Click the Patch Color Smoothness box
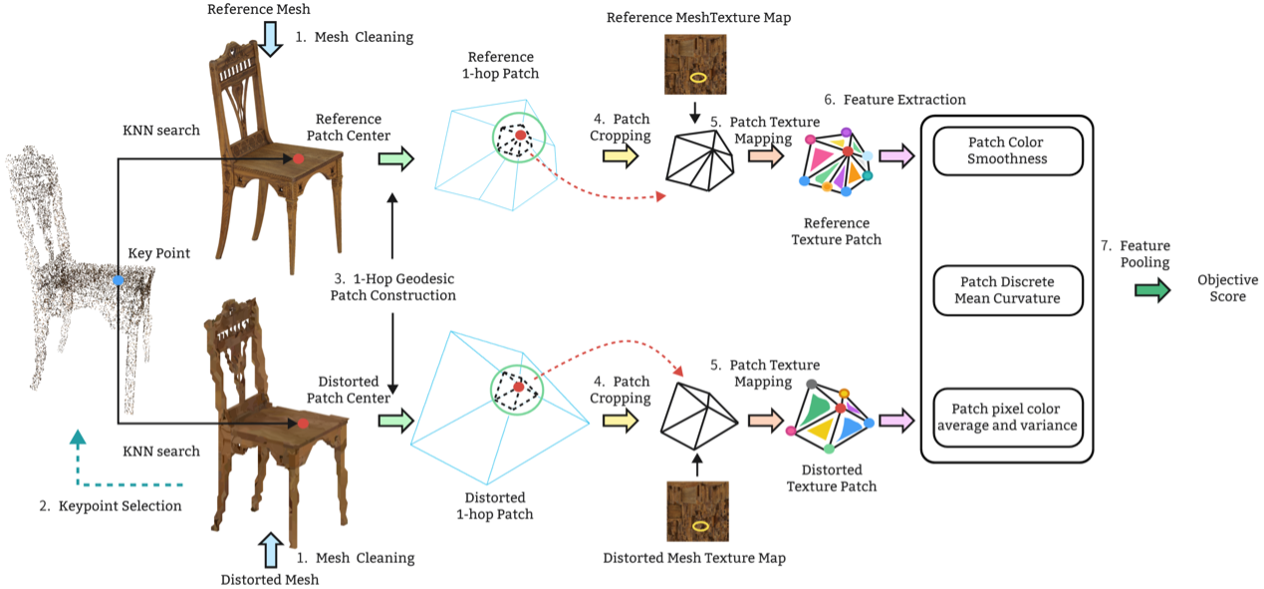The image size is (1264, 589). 1006,150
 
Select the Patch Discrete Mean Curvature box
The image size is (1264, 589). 1006,290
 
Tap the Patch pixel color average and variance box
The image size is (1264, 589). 1006,418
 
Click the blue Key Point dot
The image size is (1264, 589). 119,281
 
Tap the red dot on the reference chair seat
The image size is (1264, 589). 298,158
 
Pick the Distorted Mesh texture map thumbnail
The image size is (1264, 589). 697,510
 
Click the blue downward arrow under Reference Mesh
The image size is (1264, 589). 271,39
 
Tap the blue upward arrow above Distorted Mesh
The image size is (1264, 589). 270,550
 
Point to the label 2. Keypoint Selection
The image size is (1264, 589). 111,506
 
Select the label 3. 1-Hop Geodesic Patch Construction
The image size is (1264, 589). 395,287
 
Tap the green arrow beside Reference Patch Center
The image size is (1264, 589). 394,157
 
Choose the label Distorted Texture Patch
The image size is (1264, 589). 832,477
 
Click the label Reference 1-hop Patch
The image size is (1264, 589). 502,66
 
